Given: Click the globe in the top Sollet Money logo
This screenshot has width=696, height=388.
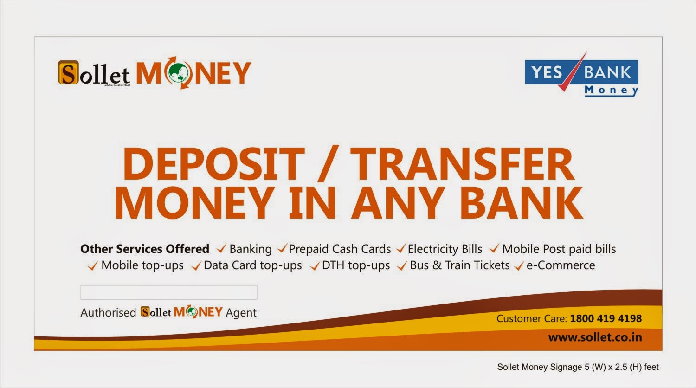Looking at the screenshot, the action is click(x=178, y=72).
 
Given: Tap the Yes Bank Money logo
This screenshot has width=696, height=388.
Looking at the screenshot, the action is click(x=581, y=75).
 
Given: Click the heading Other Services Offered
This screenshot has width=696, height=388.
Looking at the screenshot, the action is click(x=145, y=249).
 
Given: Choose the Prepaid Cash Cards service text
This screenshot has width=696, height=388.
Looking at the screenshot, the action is click(x=340, y=249).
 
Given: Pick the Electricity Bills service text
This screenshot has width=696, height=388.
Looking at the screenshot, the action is click(x=445, y=249).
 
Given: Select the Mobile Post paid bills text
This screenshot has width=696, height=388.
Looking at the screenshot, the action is click(x=559, y=249).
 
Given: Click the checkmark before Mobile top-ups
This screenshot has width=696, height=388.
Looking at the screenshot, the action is click(x=93, y=265).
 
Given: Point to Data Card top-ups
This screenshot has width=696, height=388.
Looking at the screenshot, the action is click(x=252, y=265).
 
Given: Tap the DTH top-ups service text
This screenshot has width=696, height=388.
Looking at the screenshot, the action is click(x=356, y=265).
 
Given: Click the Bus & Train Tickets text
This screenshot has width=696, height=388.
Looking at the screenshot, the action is click(x=459, y=265).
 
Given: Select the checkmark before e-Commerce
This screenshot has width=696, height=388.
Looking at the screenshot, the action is click(x=519, y=265).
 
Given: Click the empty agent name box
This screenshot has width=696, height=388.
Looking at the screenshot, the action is click(x=169, y=292).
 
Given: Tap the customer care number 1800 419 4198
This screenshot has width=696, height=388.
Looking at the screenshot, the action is click(x=606, y=318).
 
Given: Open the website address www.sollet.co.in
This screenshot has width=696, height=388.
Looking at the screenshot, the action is click(x=595, y=337).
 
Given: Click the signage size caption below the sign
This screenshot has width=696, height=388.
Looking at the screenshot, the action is click(x=578, y=367).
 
